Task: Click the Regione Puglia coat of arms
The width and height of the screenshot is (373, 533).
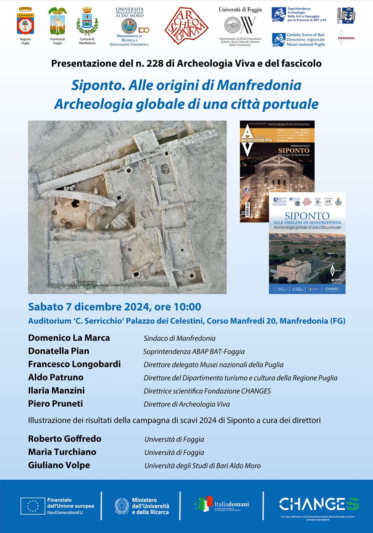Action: click(x=25, y=22)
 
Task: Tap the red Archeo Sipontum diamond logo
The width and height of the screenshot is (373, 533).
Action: click(x=186, y=26)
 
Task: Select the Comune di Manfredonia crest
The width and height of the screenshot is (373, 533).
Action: click(x=87, y=22)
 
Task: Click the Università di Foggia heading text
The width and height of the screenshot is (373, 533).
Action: click(x=240, y=10)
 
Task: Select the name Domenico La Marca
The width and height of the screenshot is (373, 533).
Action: click(x=69, y=338)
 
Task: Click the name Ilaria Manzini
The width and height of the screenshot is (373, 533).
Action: click(x=56, y=390)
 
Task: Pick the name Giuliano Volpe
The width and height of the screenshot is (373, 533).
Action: click(x=59, y=465)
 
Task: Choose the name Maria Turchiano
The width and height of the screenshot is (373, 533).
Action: click(x=62, y=452)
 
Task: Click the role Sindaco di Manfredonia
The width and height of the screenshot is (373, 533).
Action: click(x=180, y=338)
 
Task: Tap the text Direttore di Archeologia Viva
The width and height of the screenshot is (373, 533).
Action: click(x=186, y=404)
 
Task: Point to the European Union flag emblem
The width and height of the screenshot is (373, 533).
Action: click(x=32, y=506)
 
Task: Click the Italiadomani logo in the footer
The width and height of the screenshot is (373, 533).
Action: click(x=221, y=504)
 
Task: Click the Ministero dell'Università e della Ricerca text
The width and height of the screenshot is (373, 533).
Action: click(x=150, y=506)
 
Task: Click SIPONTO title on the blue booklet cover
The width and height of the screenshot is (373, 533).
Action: click(x=307, y=216)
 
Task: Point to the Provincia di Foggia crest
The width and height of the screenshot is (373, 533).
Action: click(x=57, y=22)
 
